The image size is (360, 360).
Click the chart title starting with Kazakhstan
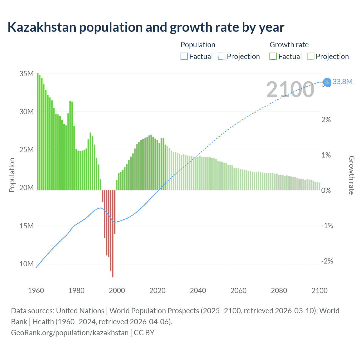[x=146, y=27]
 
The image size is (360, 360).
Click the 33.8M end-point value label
[x=342, y=82]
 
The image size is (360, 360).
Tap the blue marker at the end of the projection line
[x=327, y=82]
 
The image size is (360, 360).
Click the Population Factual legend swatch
[x=184, y=57]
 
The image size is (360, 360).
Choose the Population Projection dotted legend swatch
[x=221, y=57]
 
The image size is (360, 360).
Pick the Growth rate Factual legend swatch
[x=273, y=57]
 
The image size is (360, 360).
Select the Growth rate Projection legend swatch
[x=310, y=57]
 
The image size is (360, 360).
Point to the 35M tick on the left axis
[x=26, y=74]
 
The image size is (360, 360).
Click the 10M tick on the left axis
[x=26, y=264]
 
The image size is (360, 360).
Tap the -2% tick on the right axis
[x=327, y=261]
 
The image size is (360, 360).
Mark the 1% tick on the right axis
[x=326, y=155]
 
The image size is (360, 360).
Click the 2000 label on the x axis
[x=117, y=291]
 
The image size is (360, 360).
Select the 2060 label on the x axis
[x=238, y=291]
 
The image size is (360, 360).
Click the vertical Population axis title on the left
[x=12, y=175]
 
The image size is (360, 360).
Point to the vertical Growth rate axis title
[x=351, y=175]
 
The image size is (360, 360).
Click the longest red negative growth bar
[x=113, y=233]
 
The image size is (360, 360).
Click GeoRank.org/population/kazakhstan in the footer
[x=69, y=333]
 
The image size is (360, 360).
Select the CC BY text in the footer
[x=144, y=333]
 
